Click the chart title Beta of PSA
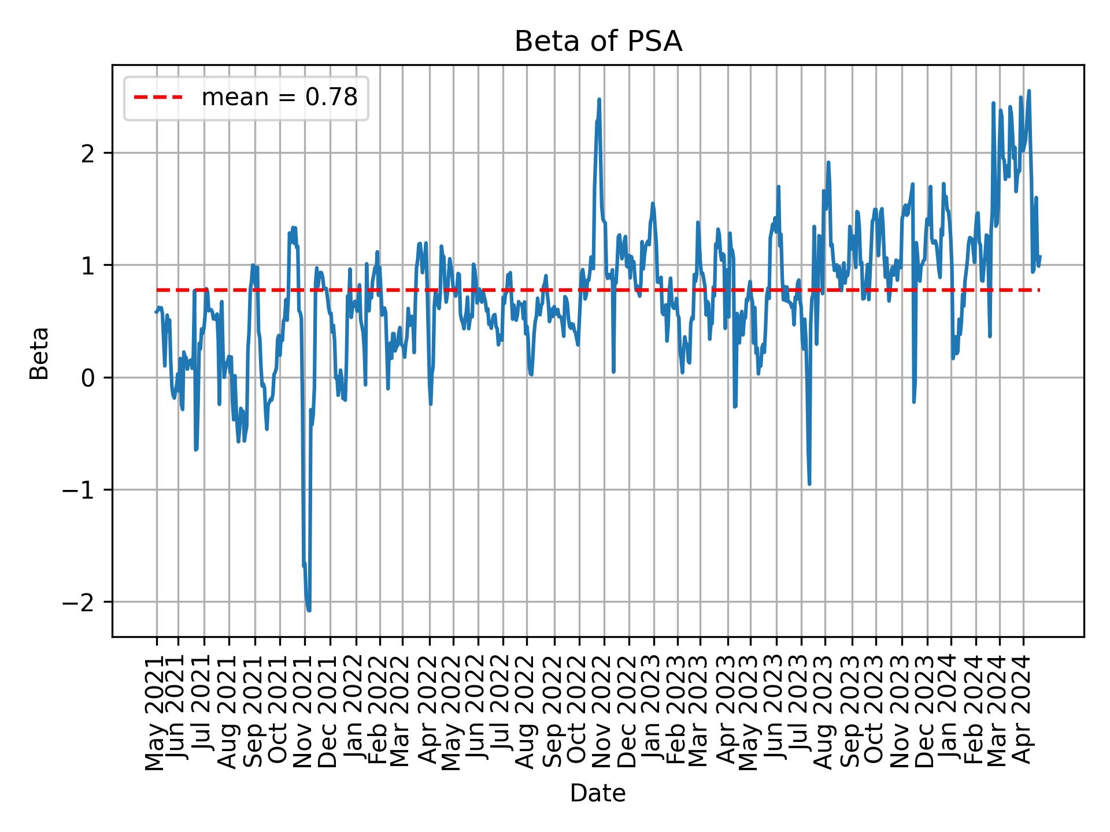[598, 42]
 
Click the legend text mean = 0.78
[279, 98]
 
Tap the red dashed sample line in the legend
[158, 98]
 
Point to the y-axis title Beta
[39, 353]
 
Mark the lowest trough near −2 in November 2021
[309, 610]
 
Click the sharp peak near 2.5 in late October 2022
[600, 99]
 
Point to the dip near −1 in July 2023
[809, 484]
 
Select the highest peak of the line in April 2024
[1029, 91]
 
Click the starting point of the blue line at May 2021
[156, 312]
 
